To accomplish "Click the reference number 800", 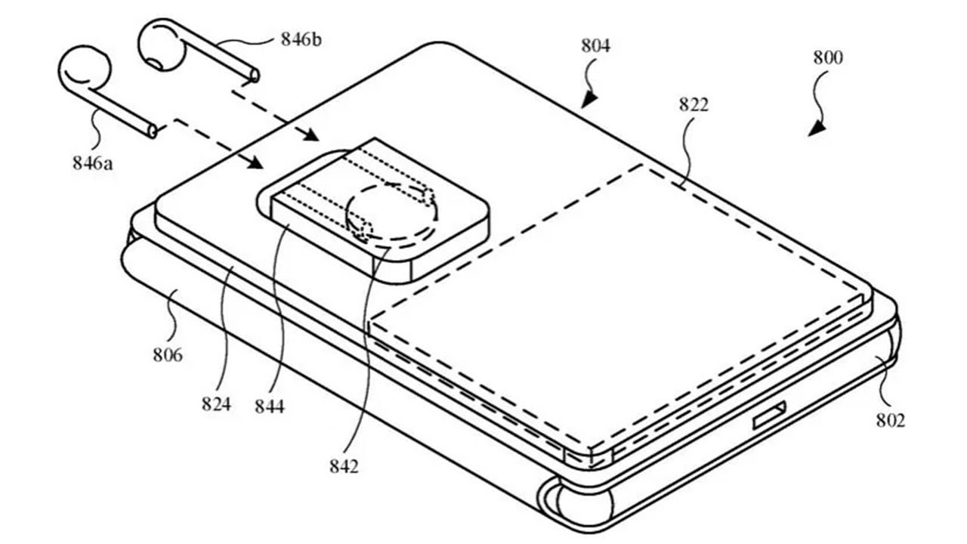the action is pyautogui.click(x=827, y=58).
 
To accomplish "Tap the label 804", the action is pyautogui.click(x=595, y=45).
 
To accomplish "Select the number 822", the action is pyautogui.click(x=694, y=105).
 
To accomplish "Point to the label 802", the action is pyautogui.click(x=890, y=420).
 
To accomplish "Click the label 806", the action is pyautogui.click(x=168, y=355).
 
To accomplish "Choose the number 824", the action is pyautogui.click(x=216, y=404).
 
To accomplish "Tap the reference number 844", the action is pyautogui.click(x=270, y=406).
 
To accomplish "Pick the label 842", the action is pyautogui.click(x=344, y=466).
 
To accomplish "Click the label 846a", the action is pyautogui.click(x=92, y=164).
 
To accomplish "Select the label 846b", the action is pyautogui.click(x=301, y=40).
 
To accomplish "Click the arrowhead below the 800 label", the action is pyautogui.click(x=817, y=128).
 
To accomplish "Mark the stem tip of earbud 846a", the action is pyautogui.click(x=153, y=131).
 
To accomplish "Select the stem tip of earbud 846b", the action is pyautogui.click(x=255, y=76).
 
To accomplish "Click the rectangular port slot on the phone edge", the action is pyautogui.click(x=769, y=415).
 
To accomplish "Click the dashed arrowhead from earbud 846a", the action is pyautogui.click(x=255, y=162).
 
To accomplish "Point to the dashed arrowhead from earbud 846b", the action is pyautogui.click(x=310, y=134).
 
